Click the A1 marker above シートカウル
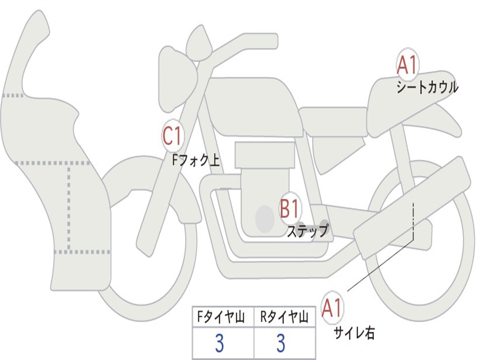tap(407, 65)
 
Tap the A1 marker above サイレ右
tap(332, 308)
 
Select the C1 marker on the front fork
tap(172, 136)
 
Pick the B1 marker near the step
tap(289, 209)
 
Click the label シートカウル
tap(427, 88)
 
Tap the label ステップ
tap(307, 231)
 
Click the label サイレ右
tap(354, 333)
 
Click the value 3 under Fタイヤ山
tap(219, 344)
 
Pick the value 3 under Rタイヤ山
tap(281, 344)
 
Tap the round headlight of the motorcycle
tap(176, 80)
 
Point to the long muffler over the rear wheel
tap(412, 209)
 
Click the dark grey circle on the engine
tap(265, 218)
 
